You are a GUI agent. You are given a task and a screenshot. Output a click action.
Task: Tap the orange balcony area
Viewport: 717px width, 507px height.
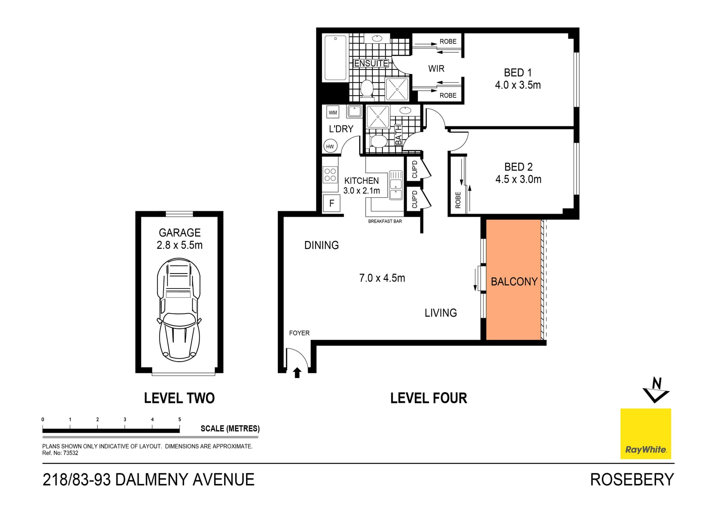(x=513, y=279)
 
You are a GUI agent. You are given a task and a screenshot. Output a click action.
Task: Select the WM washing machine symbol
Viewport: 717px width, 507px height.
(x=333, y=112)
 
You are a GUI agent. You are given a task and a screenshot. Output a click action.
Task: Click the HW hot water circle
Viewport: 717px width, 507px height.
(x=330, y=146)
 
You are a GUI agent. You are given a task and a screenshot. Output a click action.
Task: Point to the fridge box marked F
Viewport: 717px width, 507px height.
(x=332, y=204)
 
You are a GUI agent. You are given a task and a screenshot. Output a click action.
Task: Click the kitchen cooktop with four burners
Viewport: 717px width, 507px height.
(x=330, y=175)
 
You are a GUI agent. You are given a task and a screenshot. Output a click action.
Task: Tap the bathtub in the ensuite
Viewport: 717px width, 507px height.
(x=335, y=58)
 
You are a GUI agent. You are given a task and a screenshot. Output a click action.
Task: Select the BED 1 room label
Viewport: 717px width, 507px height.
(x=518, y=72)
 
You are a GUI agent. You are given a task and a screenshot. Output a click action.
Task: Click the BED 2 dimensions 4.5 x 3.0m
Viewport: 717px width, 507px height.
(x=518, y=179)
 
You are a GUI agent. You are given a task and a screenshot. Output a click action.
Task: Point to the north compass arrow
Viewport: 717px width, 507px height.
(x=656, y=391)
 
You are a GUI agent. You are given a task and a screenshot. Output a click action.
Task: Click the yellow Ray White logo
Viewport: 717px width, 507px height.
(x=646, y=434)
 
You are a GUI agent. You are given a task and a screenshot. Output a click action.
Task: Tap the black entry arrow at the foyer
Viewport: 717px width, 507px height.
(x=297, y=372)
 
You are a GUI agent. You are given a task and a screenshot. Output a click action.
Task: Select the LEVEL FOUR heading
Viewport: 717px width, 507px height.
(x=429, y=398)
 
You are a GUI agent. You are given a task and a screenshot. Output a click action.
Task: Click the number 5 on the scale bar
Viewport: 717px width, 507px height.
(x=180, y=419)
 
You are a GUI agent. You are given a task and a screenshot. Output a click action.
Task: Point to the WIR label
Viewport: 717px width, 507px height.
(x=436, y=69)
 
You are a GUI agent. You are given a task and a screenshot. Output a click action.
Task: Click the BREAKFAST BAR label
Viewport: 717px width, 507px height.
(x=385, y=221)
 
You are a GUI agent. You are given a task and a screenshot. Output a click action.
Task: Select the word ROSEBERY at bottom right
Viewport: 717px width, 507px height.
(x=632, y=480)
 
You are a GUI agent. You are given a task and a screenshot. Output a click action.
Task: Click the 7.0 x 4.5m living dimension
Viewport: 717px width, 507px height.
(x=382, y=278)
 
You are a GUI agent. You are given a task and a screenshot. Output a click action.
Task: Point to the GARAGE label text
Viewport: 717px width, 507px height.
(x=180, y=233)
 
